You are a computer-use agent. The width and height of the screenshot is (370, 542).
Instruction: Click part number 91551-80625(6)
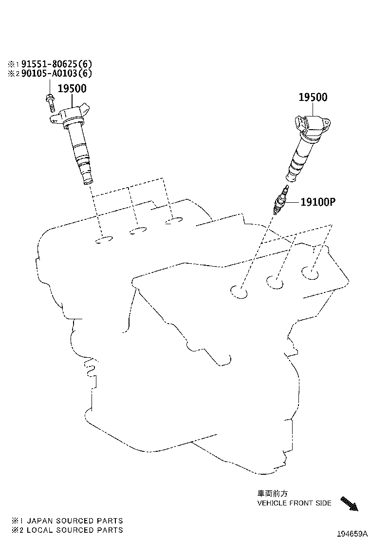(57, 64)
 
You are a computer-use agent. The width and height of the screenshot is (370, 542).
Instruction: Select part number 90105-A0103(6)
(57, 73)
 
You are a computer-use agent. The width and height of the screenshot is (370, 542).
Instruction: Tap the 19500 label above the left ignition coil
(72, 89)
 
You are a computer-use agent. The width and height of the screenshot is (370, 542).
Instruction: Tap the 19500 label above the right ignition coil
(313, 97)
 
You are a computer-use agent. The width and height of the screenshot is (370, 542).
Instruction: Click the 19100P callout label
(318, 201)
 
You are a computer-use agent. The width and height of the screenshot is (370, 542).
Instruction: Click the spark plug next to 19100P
(280, 200)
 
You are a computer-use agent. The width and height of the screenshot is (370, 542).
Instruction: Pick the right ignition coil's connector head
(313, 127)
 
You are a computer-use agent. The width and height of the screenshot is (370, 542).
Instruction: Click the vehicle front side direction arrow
(349, 503)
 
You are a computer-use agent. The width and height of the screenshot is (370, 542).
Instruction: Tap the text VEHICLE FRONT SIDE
(294, 503)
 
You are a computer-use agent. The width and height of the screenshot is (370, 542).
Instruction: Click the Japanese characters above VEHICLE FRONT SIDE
(272, 494)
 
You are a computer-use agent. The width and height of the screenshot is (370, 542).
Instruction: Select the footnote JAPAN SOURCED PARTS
(67, 521)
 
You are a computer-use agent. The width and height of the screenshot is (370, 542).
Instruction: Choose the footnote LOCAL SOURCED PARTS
(67, 530)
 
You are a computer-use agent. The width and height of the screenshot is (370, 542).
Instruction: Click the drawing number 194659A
(352, 534)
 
